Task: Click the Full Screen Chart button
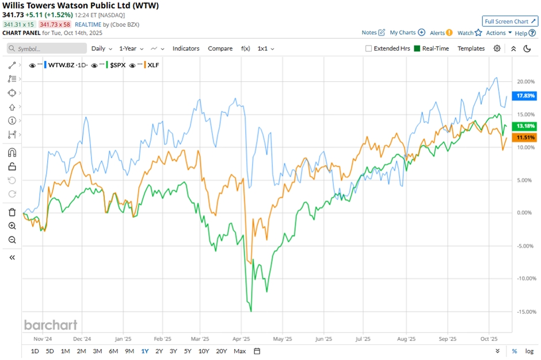[x=509, y=21]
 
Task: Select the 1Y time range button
[x=144, y=351]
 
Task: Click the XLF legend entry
[x=153, y=65]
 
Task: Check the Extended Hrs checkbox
[x=369, y=49]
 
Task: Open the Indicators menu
[x=185, y=49]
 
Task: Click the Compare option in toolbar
[x=220, y=49]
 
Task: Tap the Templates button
[x=471, y=49]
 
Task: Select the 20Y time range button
[x=222, y=351]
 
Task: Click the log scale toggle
[x=528, y=351]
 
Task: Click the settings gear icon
[x=497, y=49]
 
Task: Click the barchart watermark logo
[x=51, y=325]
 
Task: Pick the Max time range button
[x=240, y=351]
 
